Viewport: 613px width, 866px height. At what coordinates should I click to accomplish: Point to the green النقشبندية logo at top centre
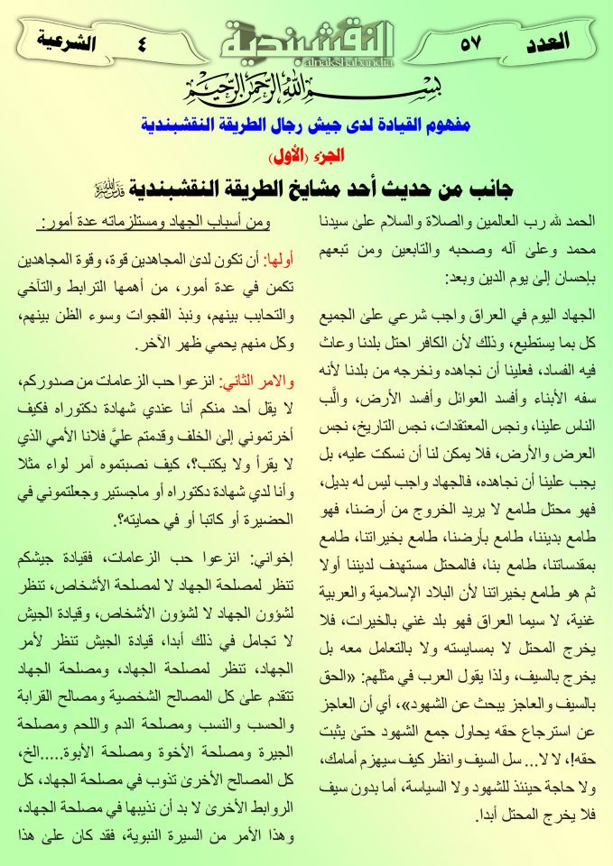(x=307, y=38)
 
